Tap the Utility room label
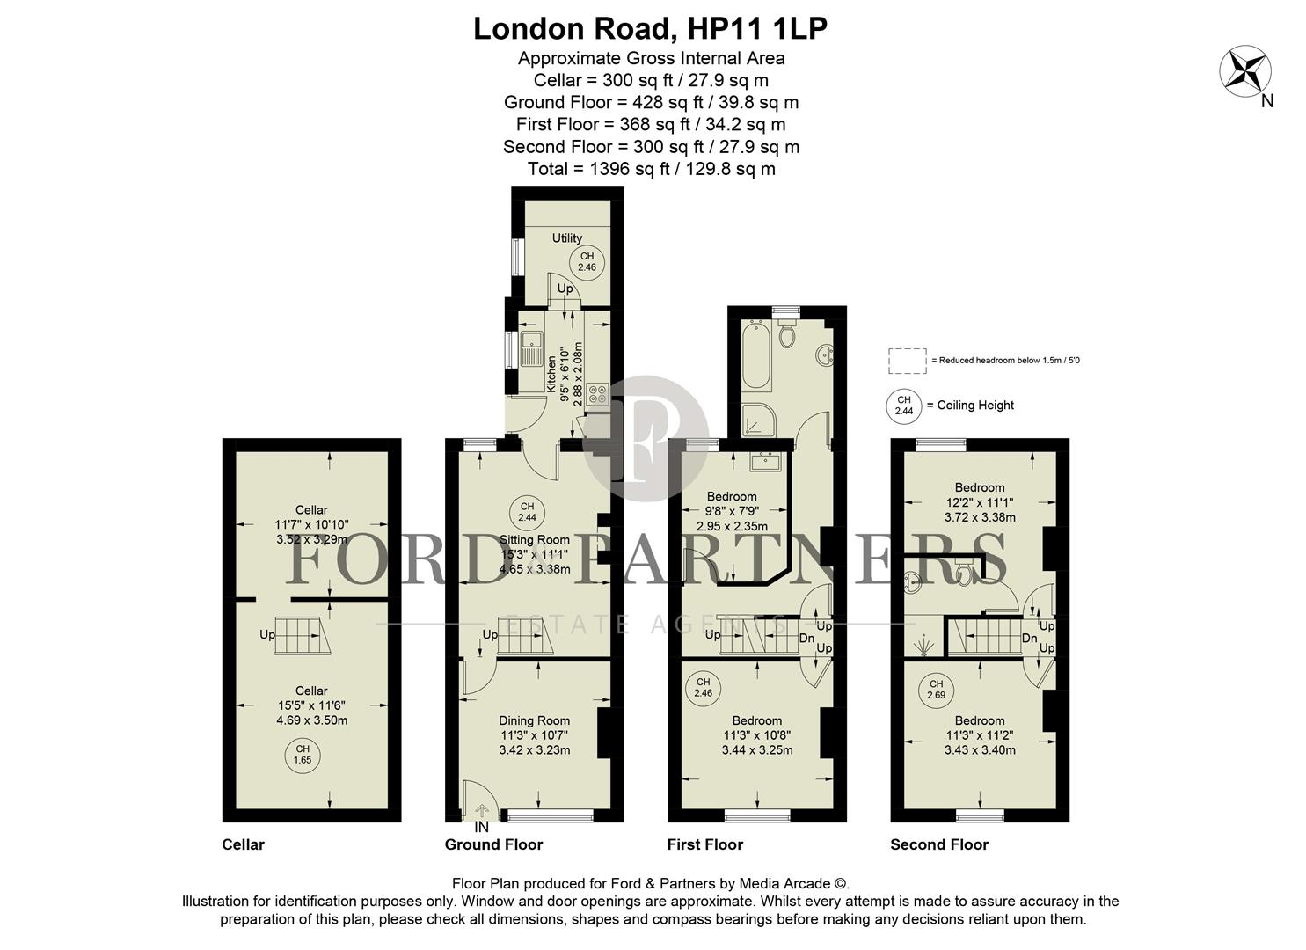[x=566, y=237]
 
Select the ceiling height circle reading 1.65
[x=303, y=754]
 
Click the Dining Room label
[x=535, y=720]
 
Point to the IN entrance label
[x=481, y=828]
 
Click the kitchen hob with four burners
[x=598, y=393]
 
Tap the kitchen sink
[x=530, y=347]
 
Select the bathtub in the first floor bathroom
[x=756, y=355]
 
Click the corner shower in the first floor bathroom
[x=759, y=420]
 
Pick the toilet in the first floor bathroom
[x=787, y=332]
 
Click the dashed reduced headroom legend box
[x=907, y=361]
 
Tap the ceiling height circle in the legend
[x=903, y=406]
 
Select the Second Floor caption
[x=938, y=844]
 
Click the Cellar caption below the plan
[x=243, y=844]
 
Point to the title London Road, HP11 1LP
[x=651, y=29]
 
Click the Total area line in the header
[x=651, y=169]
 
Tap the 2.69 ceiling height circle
[x=936, y=690]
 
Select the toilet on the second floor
[x=964, y=574]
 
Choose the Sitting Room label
[x=534, y=539]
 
